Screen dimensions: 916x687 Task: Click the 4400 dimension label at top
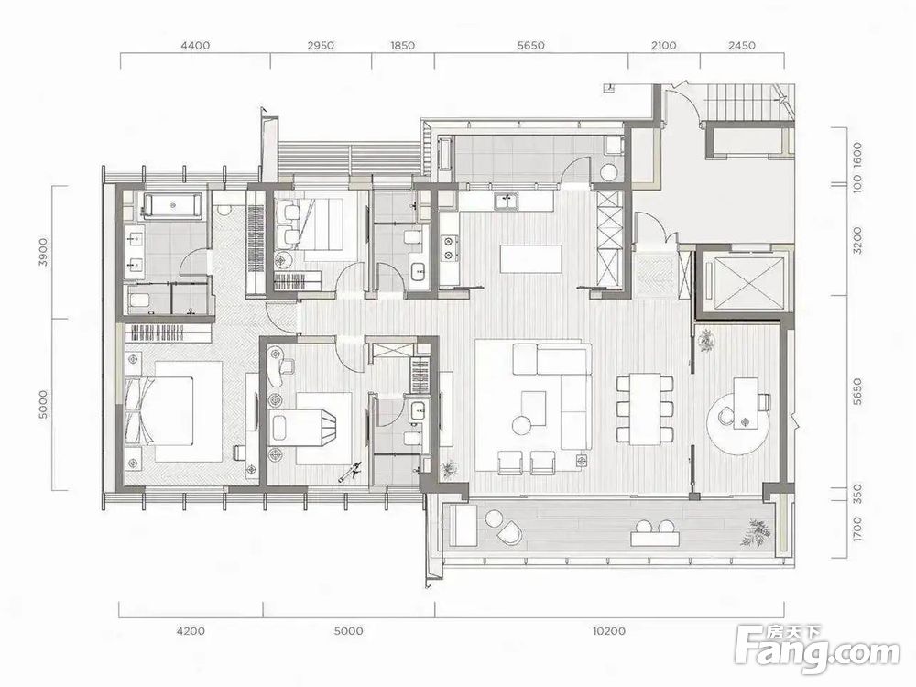(x=196, y=45)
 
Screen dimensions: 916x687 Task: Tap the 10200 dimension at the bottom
(x=609, y=631)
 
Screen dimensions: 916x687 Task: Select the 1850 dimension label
(x=402, y=45)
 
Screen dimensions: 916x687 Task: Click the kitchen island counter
(x=531, y=259)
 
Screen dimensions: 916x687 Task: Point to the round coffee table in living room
(x=519, y=425)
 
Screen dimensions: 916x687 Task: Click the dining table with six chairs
(x=644, y=409)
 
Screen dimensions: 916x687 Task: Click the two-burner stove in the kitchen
(x=449, y=247)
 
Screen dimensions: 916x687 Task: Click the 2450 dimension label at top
(x=742, y=45)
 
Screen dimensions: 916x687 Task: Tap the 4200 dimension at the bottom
(x=191, y=631)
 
